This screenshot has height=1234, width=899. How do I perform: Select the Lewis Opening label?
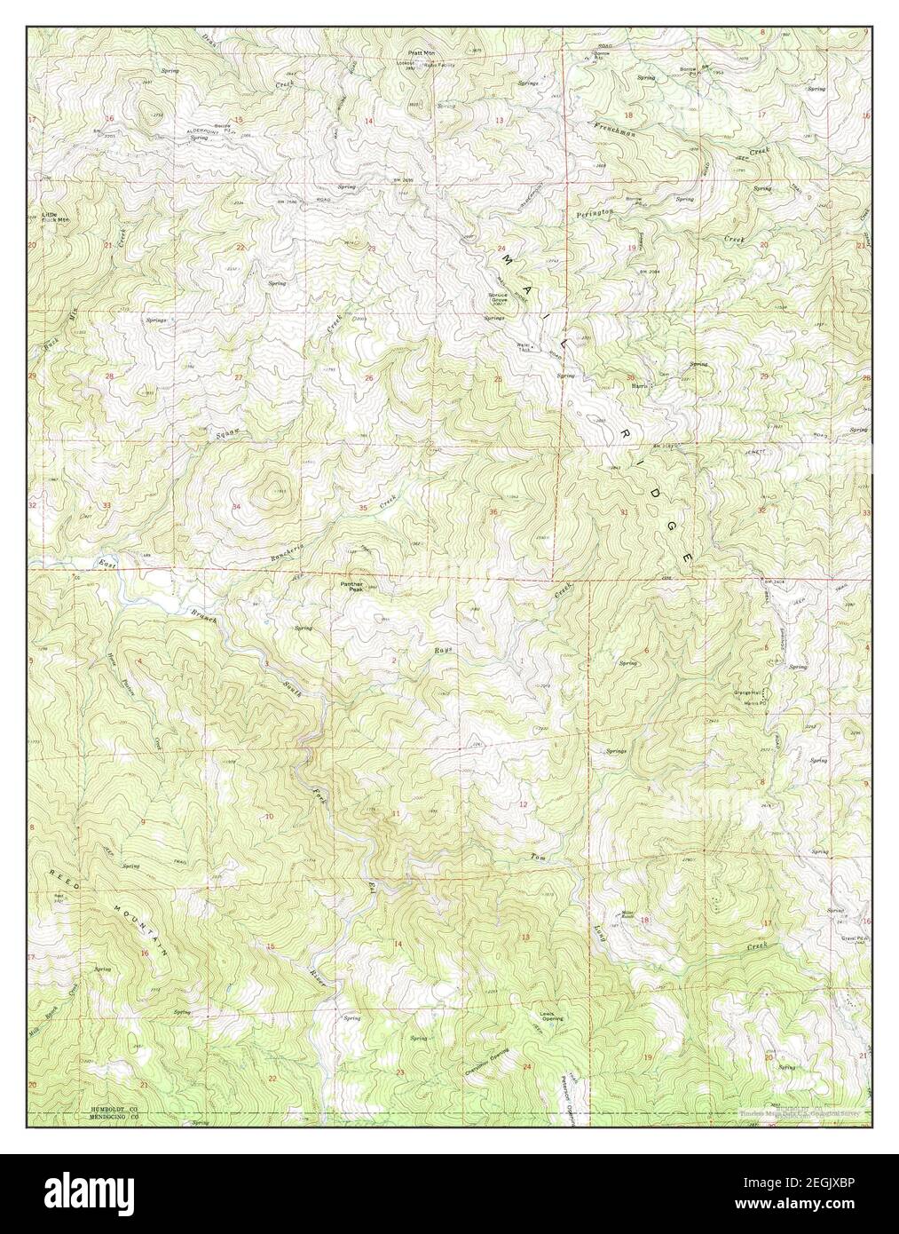552,1016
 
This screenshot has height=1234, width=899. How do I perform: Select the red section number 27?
237,378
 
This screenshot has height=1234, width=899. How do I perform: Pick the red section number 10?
269,815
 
